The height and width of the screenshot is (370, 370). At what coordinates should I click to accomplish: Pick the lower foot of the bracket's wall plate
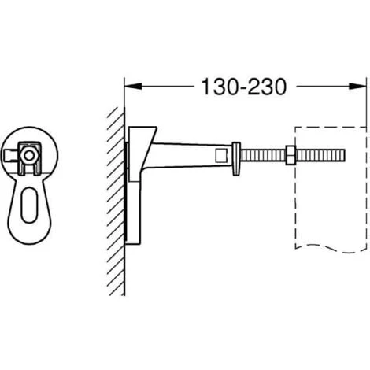134,228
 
